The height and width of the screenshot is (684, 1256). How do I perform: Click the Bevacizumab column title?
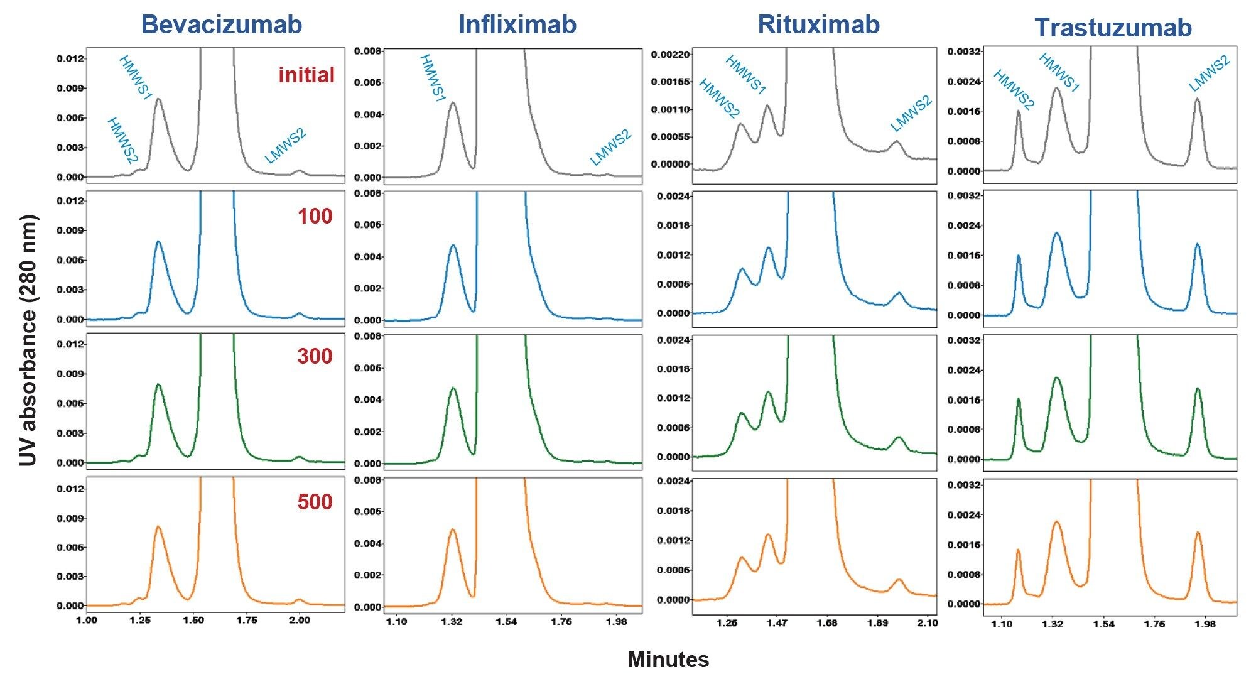pos(222,24)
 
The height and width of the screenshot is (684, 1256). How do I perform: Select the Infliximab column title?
pos(517,24)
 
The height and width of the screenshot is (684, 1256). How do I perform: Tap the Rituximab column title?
pos(818,24)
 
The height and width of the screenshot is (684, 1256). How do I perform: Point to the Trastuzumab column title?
pos(1113,28)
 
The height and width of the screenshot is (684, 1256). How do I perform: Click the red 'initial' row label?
pos(306,75)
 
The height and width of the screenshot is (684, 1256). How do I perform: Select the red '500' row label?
pos(315,502)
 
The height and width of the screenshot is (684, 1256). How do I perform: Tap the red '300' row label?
pos(315,356)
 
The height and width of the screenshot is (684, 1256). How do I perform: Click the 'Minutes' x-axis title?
pos(668,660)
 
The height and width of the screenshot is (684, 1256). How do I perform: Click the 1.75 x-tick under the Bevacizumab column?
pos(247,621)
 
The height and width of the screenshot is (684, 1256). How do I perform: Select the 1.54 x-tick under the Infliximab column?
pos(506,622)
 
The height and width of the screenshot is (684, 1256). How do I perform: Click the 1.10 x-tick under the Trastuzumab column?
pos(1001,624)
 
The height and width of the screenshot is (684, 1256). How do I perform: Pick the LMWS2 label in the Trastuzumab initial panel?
pos(1209,74)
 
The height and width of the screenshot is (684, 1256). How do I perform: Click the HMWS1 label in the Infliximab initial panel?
pos(433,79)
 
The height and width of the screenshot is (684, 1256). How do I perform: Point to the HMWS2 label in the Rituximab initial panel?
pos(719,99)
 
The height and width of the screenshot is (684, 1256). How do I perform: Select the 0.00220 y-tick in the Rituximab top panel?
pos(671,55)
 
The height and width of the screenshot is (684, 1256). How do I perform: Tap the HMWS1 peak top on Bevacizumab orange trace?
pos(158,527)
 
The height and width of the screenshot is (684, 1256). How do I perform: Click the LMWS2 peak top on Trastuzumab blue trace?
pos(1197,244)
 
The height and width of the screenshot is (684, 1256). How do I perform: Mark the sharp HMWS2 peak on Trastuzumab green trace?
pos(1019,399)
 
